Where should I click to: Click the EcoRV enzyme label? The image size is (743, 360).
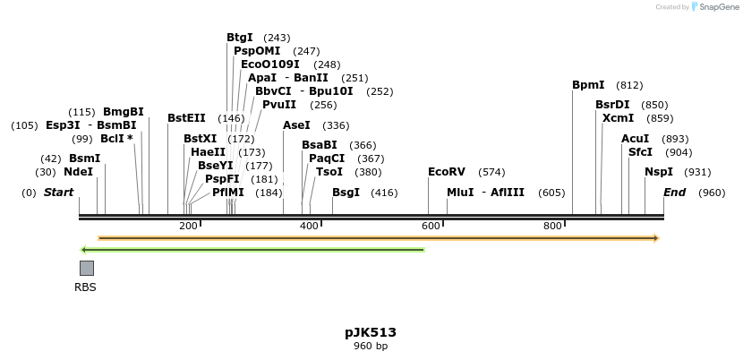[x=447, y=172]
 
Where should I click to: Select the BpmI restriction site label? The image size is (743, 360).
[x=588, y=85]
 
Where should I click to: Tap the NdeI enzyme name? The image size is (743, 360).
[x=78, y=172]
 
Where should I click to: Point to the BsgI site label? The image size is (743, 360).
[x=346, y=193]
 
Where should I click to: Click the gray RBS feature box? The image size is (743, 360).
[x=87, y=268]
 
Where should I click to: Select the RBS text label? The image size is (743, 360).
[x=85, y=287]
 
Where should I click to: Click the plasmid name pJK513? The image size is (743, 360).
[x=371, y=332]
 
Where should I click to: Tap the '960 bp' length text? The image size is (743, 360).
[x=371, y=346]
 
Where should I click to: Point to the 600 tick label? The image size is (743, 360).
[x=430, y=227]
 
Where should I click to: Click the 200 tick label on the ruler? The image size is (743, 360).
[x=188, y=227]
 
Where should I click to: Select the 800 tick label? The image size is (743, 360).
[x=553, y=227]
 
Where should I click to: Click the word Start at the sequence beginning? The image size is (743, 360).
[x=58, y=193]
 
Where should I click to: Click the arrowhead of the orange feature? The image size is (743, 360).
[x=656, y=238]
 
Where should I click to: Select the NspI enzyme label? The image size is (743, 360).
[x=659, y=172]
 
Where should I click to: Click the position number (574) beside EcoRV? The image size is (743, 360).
[x=491, y=172]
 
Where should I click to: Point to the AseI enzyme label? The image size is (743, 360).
[x=296, y=125]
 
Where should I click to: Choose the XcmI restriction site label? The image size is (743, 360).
[x=618, y=118]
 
